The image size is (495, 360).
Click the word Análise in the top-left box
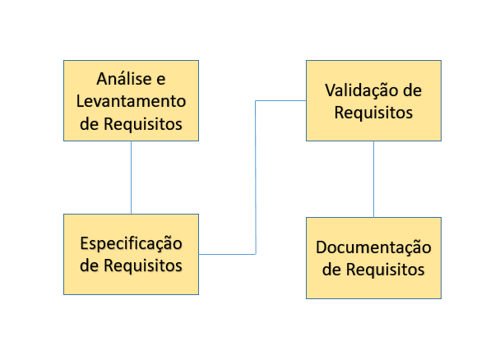tap(124, 78)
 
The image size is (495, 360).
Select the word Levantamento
tap(131, 101)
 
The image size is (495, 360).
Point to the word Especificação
tap(131, 244)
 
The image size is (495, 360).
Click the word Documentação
tap(373, 247)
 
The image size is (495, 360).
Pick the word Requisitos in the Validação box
tap(373, 113)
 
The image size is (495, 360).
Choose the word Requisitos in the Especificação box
tap(143, 265)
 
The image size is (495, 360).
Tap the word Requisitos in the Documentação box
tap(386, 270)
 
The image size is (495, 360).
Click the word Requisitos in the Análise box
tap(143, 123)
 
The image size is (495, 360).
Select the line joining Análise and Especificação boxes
tap(131, 178)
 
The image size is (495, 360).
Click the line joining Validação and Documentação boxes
tap(374, 179)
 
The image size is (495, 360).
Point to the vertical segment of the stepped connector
tap(256, 178)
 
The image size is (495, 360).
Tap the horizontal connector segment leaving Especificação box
tap(227, 254)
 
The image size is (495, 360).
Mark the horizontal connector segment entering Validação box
tap(280, 100)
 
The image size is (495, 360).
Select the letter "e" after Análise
tap(161, 80)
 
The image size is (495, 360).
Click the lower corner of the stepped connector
tap(256, 254)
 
